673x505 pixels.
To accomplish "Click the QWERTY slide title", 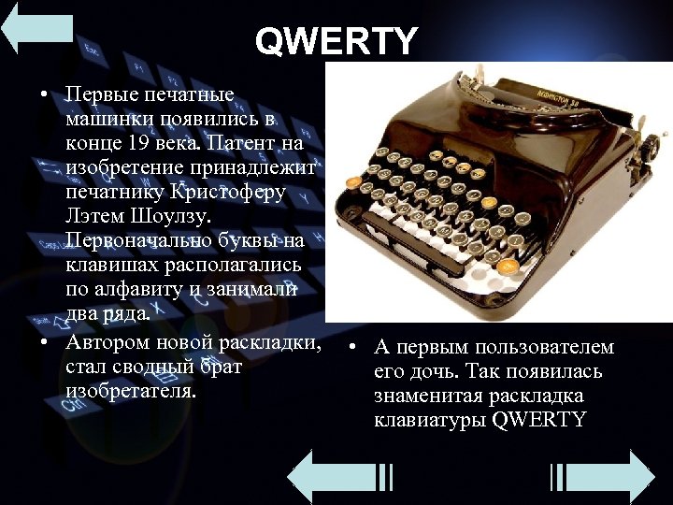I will [x=336, y=41].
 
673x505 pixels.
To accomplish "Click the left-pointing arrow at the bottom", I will [x=336, y=477].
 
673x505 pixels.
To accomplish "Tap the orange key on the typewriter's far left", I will [x=353, y=181].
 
